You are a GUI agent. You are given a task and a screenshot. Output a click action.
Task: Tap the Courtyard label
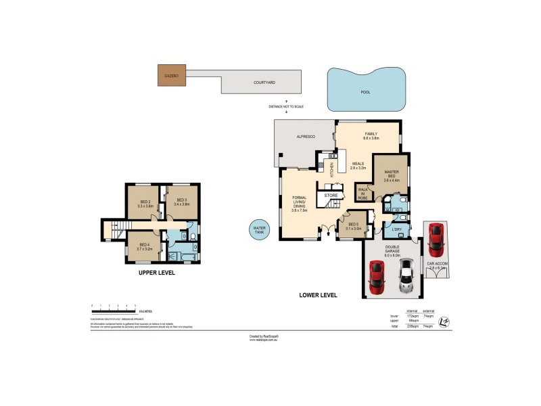pyautogui.click(x=264, y=83)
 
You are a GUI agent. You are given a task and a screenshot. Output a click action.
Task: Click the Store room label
pyautogui.click(x=331, y=196)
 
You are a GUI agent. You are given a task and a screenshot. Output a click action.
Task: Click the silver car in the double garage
pyautogui.click(x=406, y=276)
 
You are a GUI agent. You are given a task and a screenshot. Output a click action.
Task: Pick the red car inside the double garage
pyautogui.click(x=377, y=277)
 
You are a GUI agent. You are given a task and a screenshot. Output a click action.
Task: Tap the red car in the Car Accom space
pyautogui.click(x=436, y=236)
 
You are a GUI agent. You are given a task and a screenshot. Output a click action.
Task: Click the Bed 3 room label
pyautogui.click(x=182, y=202)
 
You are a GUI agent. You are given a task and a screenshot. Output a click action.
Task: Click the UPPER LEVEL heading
pyautogui.click(x=156, y=273)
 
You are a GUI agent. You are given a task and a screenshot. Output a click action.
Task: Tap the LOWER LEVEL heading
pyautogui.click(x=318, y=295)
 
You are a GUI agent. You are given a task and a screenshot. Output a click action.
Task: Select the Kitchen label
pyautogui.click(x=331, y=169)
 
